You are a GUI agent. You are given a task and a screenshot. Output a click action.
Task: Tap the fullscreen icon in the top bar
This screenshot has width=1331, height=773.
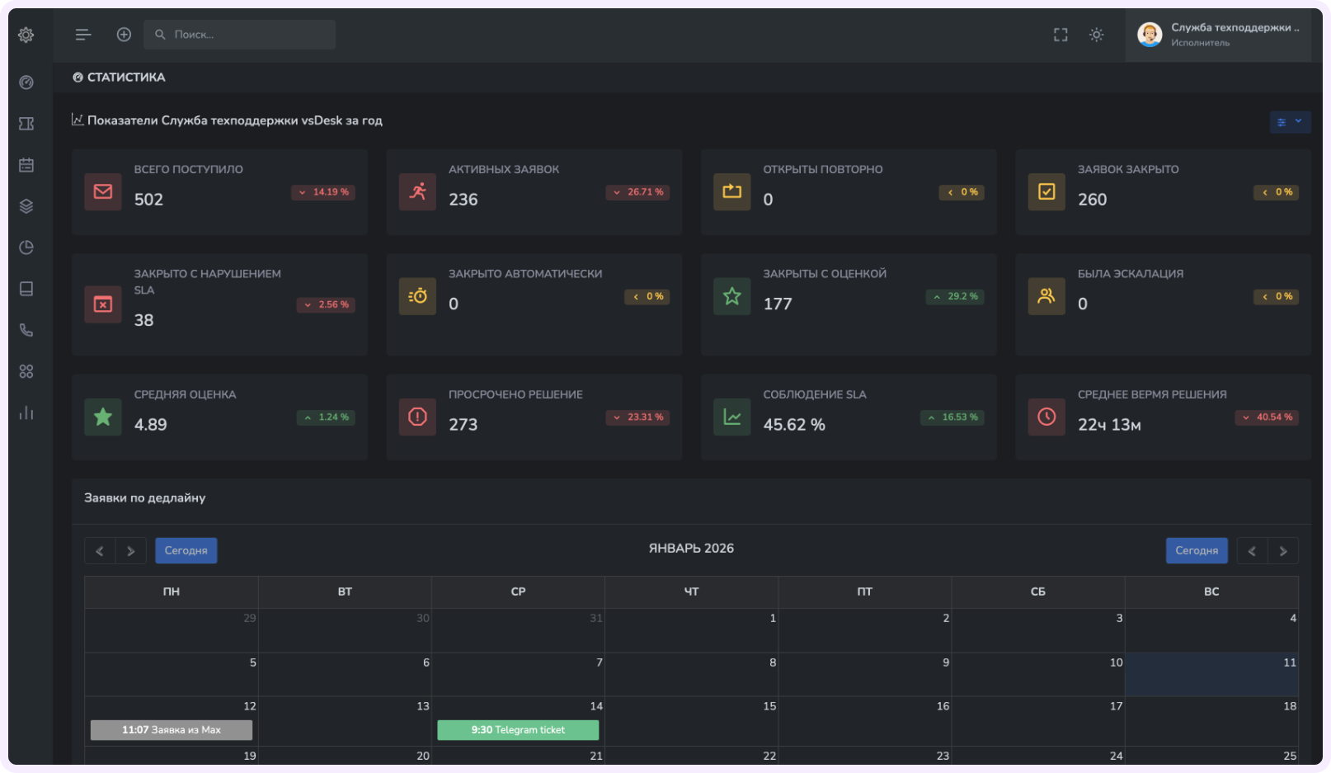[x=1061, y=35]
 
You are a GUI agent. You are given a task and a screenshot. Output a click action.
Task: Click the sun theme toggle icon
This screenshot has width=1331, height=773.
[x=1096, y=35]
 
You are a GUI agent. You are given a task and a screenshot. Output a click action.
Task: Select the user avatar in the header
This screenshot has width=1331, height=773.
[x=1150, y=35]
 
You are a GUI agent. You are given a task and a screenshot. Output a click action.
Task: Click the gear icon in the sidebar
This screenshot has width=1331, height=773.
[x=26, y=35]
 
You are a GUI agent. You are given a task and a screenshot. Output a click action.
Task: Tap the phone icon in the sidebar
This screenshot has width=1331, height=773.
[x=26, y=330]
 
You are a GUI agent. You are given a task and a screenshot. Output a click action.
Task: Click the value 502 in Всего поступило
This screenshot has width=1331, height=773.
[x=148, y=200]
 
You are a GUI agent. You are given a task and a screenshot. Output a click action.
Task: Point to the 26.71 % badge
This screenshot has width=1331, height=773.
[x=637, y=192]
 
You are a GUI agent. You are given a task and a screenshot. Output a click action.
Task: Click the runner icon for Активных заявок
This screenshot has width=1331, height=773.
[x=417, y=191]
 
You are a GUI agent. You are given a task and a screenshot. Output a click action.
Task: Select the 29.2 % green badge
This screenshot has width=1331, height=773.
[x=955, y=296]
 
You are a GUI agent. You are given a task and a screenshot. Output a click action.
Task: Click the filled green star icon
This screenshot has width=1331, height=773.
[x=103, y=417]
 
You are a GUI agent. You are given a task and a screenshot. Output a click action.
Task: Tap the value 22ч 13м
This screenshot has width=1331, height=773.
[x=1109, y=425]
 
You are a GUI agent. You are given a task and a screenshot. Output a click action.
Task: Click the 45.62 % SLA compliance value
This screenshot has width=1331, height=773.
[x=793, y=425]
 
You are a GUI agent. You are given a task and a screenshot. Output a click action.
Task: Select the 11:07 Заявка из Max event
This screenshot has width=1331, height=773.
[x=172, y=730]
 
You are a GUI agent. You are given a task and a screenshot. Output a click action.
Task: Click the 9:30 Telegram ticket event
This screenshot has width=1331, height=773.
[x=518, y=730]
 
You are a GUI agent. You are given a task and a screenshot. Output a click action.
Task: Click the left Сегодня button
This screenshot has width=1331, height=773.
[x=186, y=550]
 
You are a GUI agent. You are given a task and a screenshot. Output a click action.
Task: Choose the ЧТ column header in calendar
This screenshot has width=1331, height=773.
[x=691, y=592]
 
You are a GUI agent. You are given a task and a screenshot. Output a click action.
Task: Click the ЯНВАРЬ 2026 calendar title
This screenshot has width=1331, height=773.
[x=691, y=549]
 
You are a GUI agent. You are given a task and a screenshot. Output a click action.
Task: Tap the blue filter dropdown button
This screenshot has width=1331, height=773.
[x=1290, y=122]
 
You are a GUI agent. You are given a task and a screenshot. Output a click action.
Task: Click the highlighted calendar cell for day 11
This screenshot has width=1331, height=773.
[x=1211, y=675]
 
